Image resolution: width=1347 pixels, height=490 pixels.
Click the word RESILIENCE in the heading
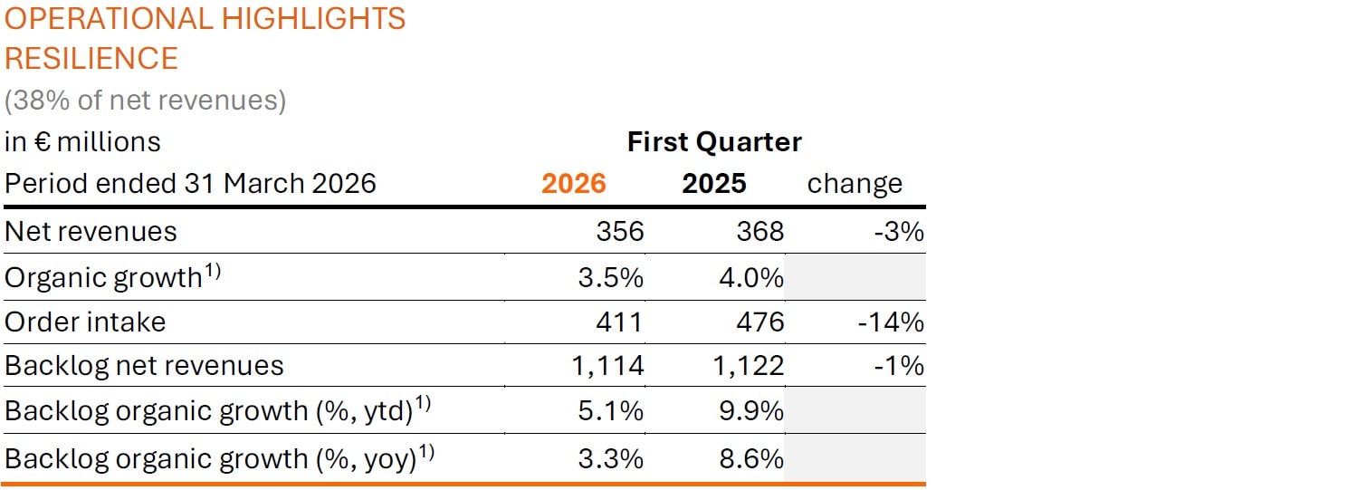(91, 58)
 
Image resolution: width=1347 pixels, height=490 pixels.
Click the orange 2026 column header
(573, 184)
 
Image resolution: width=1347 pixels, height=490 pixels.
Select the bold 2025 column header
(713, 184)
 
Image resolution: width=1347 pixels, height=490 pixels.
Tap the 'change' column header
(854, 184)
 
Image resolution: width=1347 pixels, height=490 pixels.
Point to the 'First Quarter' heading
(714, 142)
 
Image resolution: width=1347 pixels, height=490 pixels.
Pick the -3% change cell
(899, 232)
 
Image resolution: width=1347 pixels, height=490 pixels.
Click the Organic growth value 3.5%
(610, 277)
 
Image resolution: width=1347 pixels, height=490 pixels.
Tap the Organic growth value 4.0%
(750, 277)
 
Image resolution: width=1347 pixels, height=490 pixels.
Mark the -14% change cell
(891, 322)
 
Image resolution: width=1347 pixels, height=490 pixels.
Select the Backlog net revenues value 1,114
(607, 366)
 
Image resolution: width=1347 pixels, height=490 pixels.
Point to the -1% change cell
(899, 366)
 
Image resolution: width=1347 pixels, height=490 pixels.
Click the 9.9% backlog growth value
(750, 411)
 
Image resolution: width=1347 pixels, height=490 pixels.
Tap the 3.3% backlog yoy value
(610, 458)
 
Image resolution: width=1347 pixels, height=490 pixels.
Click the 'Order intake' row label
(85, 322)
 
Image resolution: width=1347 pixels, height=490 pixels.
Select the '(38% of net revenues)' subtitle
(145, 101)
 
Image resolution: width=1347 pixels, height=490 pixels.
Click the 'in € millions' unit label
(82, 142)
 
